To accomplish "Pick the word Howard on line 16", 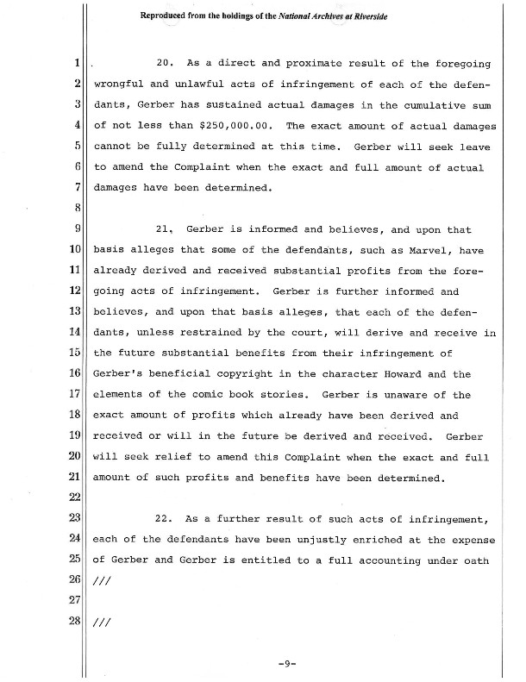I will tap(399, 374).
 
